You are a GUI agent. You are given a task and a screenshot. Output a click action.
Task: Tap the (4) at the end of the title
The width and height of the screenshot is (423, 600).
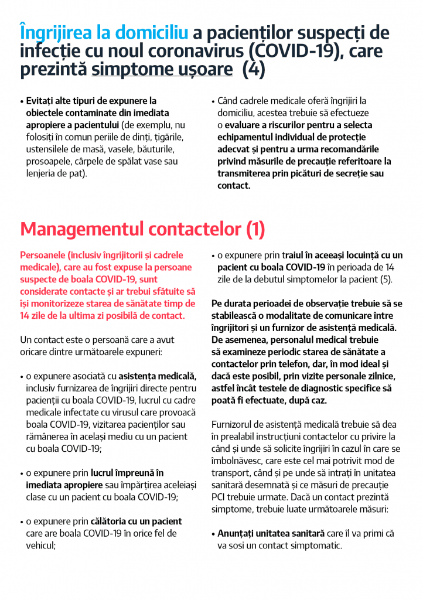pyautogui.click(x=254, y=70)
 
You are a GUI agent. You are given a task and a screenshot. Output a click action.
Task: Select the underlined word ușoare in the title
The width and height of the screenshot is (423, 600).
pyautogui.click(x=202, y=70)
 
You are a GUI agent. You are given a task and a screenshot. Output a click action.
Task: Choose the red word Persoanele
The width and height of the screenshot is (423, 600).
pyautogui.click(x=43, y=255)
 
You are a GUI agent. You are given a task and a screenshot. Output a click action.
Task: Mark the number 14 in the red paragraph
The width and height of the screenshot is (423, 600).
pyautogui.click(x=26, y=316)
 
